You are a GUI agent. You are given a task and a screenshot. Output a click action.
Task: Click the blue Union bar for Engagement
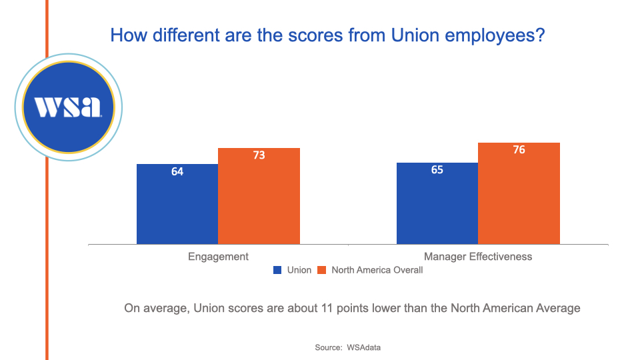pos(177,207)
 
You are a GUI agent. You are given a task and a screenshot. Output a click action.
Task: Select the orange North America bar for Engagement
pos(259,200)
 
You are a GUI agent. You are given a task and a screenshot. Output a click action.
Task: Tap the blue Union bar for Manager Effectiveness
pos(437,207)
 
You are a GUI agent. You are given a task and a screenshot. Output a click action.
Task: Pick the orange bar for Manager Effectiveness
pos(519,197)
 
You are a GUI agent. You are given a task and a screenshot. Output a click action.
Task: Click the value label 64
pos(177,171)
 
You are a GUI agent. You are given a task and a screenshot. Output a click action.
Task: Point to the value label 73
pos(259,155)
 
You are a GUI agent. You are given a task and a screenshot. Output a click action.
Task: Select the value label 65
pos(437,170)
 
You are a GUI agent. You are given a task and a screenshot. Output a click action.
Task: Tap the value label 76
pos(519,150)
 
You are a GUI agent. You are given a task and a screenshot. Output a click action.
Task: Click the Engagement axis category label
pos(218,257)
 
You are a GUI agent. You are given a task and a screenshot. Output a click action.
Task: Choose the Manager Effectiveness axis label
pos(478,257)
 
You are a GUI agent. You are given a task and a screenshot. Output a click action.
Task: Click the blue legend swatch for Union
pos(277,271)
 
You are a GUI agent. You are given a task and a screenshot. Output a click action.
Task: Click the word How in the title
pos(125,35)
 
